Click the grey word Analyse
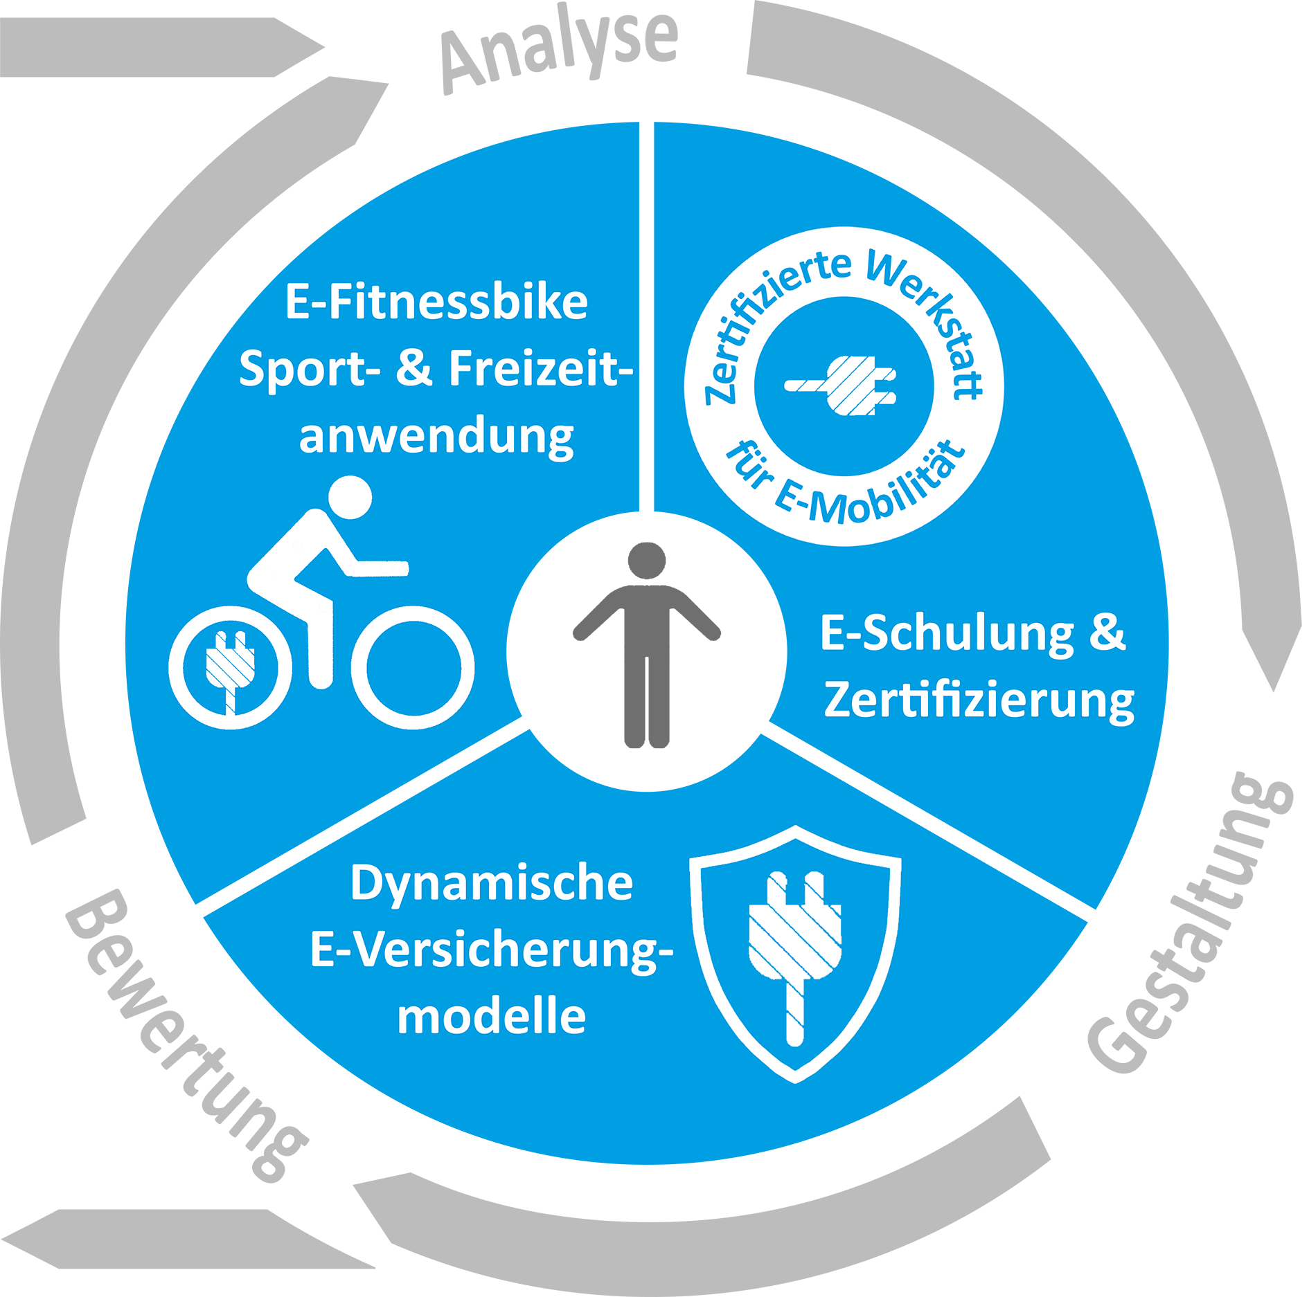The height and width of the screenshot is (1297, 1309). tap(560, 50)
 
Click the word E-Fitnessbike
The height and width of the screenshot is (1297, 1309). tap(436, 302)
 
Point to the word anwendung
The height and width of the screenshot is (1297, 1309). tap(436, 438)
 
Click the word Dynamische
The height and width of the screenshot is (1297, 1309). tap(492, 884)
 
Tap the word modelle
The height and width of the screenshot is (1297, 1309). tap(492, 1017)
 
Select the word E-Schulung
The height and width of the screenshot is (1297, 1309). tap(947, 634)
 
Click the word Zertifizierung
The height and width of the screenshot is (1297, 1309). tap(979, 701)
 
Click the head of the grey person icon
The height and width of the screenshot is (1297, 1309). tap(647, 561)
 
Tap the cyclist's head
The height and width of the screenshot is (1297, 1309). tap(350, 497)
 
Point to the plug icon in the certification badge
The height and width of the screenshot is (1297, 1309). tap(841, 386)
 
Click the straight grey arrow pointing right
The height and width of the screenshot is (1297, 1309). tap(162, 47)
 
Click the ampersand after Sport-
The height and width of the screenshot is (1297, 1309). tap(414, 368)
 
